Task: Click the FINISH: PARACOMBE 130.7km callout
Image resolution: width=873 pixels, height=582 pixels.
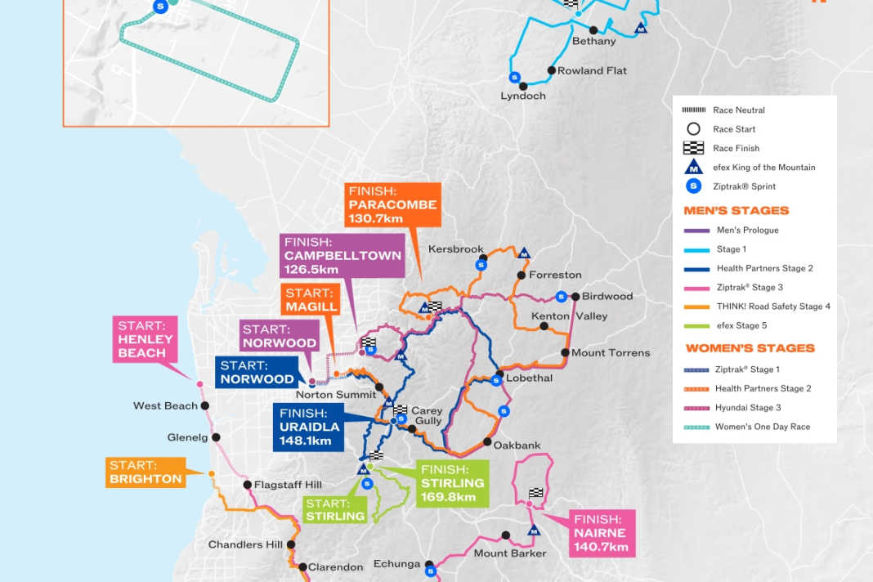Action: (392, 204)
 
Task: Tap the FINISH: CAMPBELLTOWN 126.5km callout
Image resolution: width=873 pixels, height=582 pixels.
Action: (343, 255)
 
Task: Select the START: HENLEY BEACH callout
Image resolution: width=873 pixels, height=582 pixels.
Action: (146, 339)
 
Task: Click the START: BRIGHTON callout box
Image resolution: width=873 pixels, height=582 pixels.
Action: (145, 472)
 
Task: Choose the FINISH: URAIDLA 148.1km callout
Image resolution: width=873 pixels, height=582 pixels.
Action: (305, 428)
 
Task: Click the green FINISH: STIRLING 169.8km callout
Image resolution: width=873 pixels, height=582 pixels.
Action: (452, 483)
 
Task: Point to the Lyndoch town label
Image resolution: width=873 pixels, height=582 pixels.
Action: (523, 96)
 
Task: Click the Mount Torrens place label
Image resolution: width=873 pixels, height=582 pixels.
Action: (611, 352)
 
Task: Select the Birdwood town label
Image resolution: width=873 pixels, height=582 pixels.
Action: (607, 296)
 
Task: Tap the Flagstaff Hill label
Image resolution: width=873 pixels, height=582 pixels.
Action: (288, 485)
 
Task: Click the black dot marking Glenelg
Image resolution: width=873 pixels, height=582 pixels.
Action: (216, 437)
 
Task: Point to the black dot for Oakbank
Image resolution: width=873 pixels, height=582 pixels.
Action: (487, 442)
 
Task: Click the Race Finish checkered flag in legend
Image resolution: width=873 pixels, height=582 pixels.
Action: (693, 148)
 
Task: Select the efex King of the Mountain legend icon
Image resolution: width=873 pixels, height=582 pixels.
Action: (693, 167)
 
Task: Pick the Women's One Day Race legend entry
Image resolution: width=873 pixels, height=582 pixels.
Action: (761, 427)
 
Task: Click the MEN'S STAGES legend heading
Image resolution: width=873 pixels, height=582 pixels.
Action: (736, 210)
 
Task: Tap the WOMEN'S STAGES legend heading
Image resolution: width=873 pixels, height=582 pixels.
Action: (750, 347)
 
